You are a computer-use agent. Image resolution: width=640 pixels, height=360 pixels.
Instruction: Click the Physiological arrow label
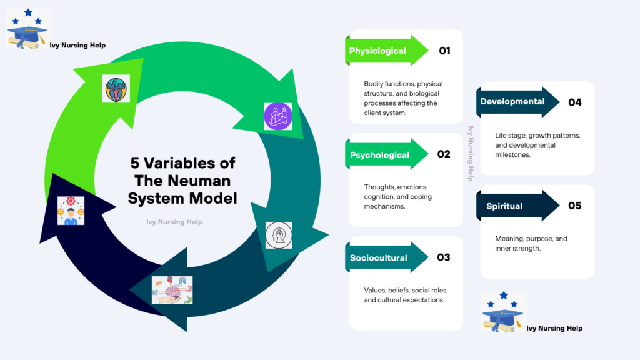click(377, 51)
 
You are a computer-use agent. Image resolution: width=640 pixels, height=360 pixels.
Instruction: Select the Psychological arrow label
click(379, 155)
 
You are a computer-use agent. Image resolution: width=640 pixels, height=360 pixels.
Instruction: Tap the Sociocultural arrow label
click(379, 257)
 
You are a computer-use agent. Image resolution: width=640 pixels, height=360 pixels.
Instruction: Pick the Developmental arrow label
click(512, 102)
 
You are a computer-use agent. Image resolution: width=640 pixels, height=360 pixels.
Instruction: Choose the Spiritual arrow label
click(504, 206)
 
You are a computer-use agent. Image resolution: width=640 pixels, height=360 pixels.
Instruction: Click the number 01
click(444, 51)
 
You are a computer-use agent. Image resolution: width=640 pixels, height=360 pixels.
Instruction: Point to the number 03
click(444, 257)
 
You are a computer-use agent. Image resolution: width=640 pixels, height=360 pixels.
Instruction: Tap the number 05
click(574, 206)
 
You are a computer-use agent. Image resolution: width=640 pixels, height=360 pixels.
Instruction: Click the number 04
click(574, 102)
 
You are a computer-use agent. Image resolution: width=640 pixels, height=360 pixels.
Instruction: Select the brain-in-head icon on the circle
click(278, 235)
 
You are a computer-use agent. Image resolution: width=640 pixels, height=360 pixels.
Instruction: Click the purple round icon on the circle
click(278, 116)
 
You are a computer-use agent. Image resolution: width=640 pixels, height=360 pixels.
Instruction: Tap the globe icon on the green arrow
click(116, 88)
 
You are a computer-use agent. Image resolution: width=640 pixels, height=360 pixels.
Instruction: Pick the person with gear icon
click(71, 211)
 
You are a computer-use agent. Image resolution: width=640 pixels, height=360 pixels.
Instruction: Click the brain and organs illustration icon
click(172, 290)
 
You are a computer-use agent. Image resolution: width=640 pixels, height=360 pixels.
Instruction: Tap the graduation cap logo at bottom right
click(503, 311)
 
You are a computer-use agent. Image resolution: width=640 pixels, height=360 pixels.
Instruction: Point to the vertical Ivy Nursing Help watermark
click(471, 153)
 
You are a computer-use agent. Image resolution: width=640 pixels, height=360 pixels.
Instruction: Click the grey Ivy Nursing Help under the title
click(174, 222)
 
